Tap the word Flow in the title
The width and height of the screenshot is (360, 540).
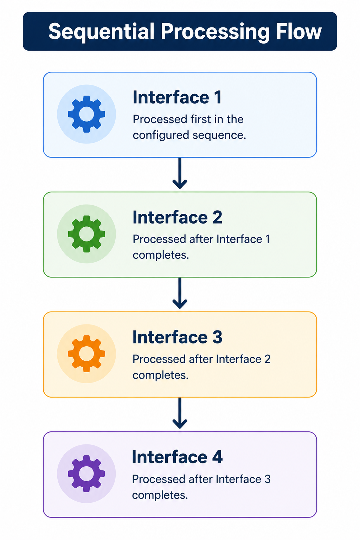[x=299, y=31]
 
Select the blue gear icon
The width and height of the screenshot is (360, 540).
[x=86, y=114]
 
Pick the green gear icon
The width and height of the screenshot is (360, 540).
[x=86, y=234]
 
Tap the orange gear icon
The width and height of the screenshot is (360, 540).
[x=86, y=354]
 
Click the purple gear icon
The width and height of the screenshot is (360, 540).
[x=86, y=474]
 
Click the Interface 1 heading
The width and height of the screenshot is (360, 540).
[x=177, y=97]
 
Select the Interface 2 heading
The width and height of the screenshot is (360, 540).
[x=177, y=217]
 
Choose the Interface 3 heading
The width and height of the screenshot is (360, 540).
[x=177, y=337]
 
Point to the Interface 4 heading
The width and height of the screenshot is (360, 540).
[x=177, y=457]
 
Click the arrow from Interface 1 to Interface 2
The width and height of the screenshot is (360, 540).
[x=180, y=173]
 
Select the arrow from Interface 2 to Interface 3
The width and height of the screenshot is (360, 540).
[x=180, y=293]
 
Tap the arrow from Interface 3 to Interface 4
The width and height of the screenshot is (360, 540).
[x=180, y=413]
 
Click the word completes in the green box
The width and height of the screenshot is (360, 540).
[x=161, y=255]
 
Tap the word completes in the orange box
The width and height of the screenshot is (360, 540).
[x=160, y=375]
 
